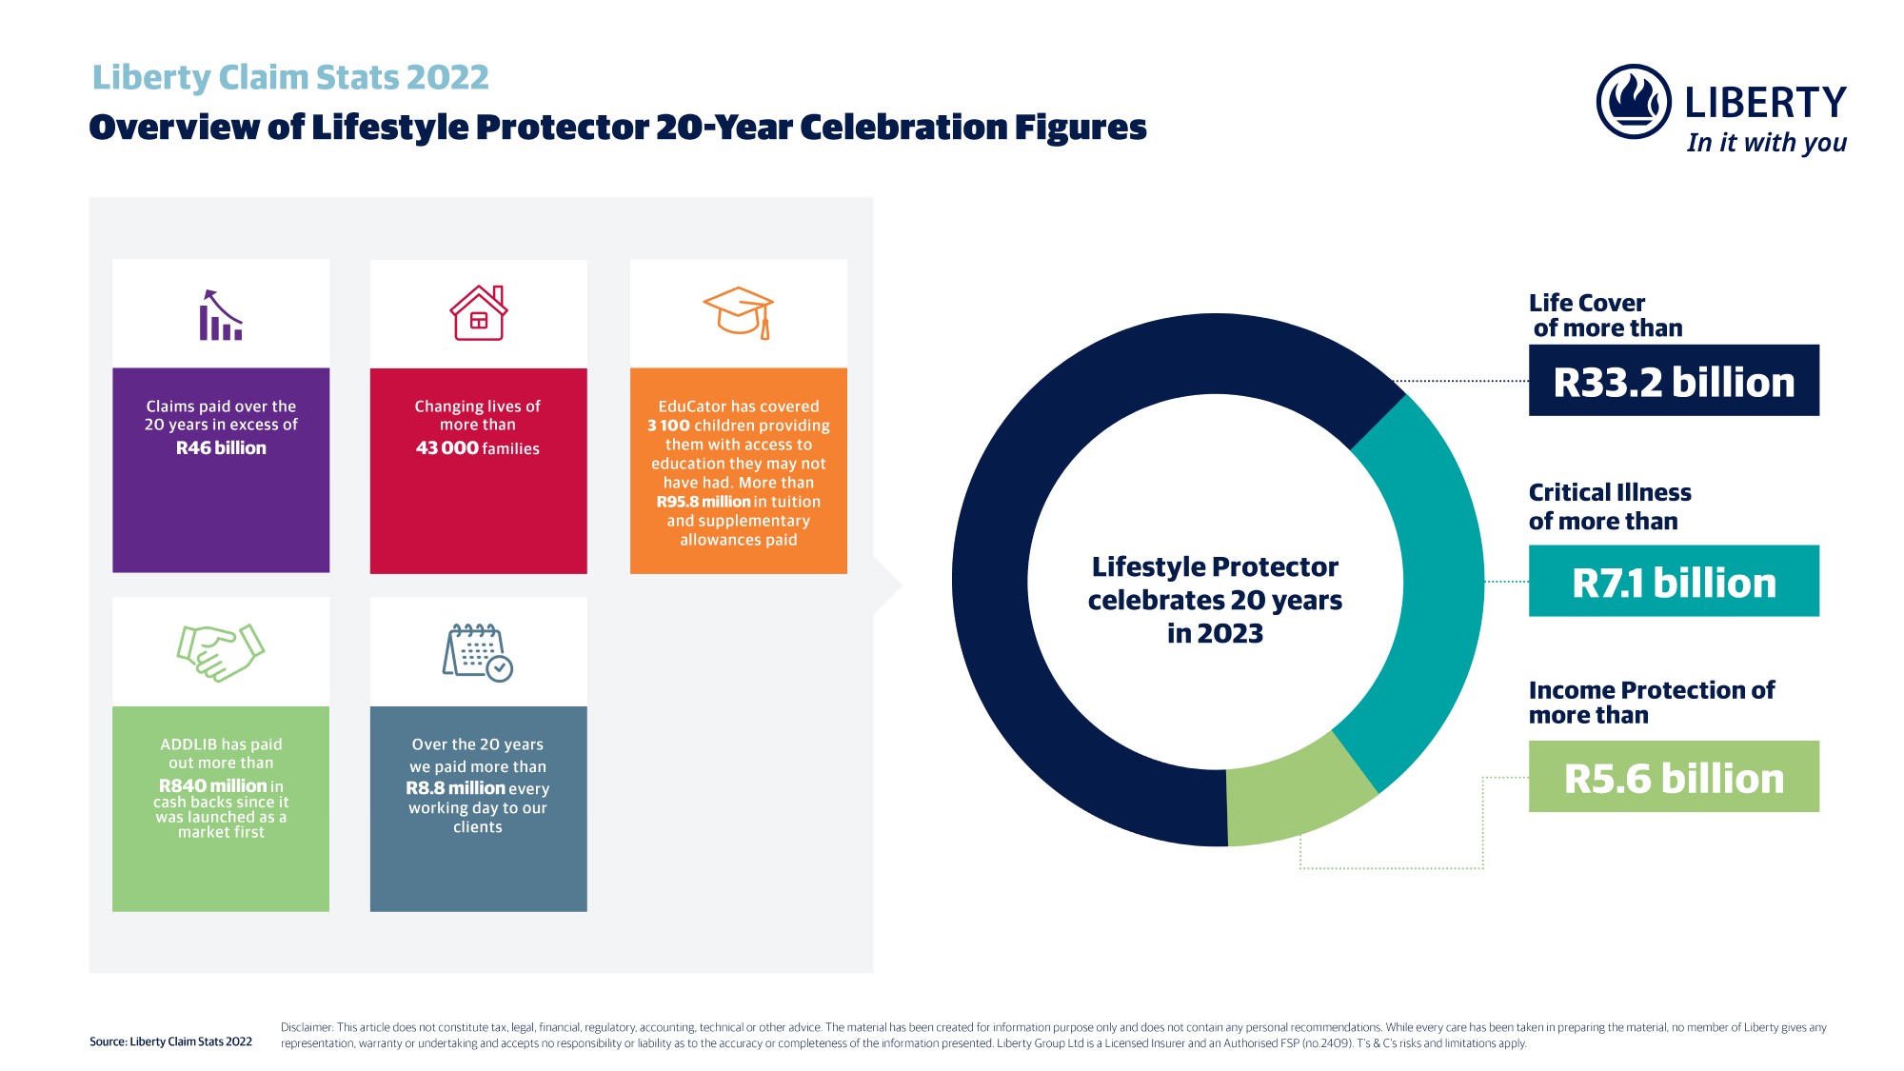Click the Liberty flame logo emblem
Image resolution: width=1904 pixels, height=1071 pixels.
click(x=1634, y=102)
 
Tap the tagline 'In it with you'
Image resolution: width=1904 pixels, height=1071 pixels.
click(x=1766, y=143)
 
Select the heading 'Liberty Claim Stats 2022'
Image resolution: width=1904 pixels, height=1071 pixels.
click(x=290, y=77)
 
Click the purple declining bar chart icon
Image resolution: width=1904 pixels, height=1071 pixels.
click(x=221, y=314)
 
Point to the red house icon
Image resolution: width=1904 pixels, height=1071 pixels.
click(x=479, y=312)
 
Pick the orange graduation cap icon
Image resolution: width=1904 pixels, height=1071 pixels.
click(x=738, y=312)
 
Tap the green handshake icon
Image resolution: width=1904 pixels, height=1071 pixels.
click(x=221, y=652)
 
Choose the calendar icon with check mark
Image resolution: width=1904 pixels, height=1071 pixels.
click(x=478, y=653)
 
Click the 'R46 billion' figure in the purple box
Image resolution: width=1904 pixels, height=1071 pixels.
click(x=221, y=448)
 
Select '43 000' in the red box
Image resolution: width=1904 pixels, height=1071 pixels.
click(x=447, y=448)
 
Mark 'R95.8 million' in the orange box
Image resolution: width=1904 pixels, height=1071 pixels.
click(x=704, y=502)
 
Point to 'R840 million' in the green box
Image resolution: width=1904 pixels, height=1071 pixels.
click(x=213, y=785)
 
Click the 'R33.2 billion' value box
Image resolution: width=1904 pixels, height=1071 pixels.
click(x=1674, y=381)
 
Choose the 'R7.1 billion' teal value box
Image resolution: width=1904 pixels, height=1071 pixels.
click(x=1674, y=581)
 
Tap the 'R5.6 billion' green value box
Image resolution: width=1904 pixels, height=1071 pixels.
click(x=1674, y=777)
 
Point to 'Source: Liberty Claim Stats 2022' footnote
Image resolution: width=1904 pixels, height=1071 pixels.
click(x=171, y=1041)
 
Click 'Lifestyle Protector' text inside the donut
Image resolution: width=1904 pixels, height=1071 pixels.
click(x=1215, y=567)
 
